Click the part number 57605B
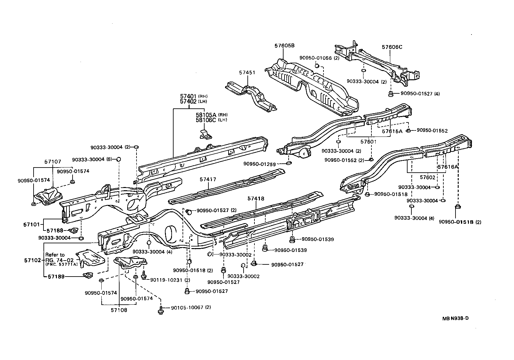(284, 46)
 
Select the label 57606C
(392, 47)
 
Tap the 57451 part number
(247, 73)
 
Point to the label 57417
(208, 179)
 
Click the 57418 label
(256, 199)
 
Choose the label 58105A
(206, 115)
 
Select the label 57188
(55, 230)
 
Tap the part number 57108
(119, 310)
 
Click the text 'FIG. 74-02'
(60, 260)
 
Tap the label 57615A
(392, 131)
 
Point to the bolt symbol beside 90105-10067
(160, 309)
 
